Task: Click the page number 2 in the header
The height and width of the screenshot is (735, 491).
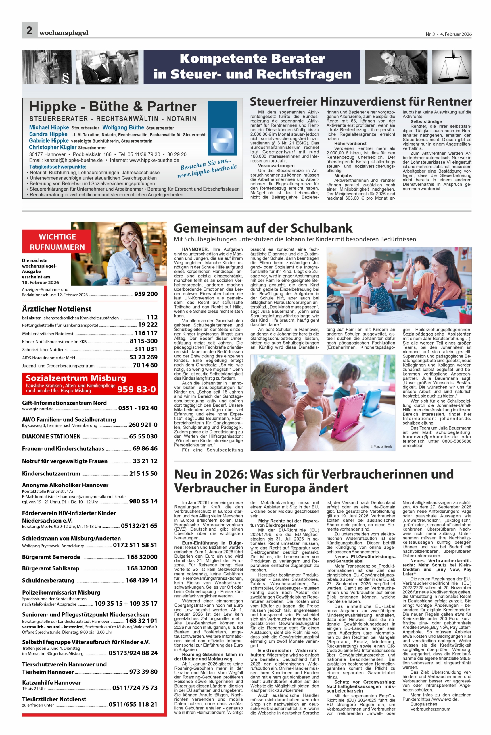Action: pyautogui.click(x=29, y=30)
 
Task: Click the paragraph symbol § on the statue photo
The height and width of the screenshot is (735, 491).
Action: pyautogui.click(x=66, y=78)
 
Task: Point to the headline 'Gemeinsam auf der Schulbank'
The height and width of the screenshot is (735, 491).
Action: pyautogui.click(x=263, y=228)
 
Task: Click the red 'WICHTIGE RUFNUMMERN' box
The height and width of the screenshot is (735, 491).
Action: pyautogui.click(x=57, y=242)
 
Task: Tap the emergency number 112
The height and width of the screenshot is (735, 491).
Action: pyautogui.click(x=152, y=317)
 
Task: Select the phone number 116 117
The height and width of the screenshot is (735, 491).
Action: pyautogui.click(x=146, y=333)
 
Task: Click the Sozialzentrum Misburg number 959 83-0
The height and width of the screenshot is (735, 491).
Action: pyautogui.click(x=137, y=389)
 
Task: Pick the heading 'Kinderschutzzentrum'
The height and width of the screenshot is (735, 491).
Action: pyautogui.click(x=51, y=473)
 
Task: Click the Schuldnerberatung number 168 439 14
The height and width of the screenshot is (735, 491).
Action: pyautogui.click(x=141, y=580)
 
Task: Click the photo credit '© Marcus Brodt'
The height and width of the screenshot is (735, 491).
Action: pyautogui.click(x=381, y=446)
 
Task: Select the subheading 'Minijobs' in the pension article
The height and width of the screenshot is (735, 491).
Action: pyautogui.click(x=343, y=176)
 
